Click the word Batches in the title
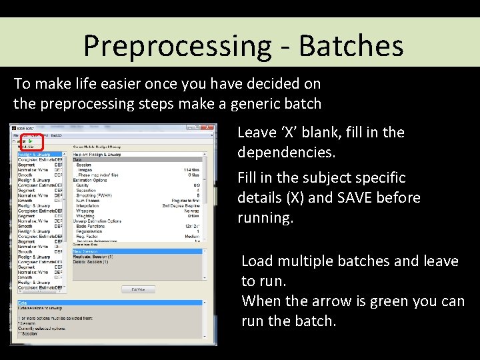point(351,46)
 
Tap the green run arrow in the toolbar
point(31,141)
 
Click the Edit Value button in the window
point(138,289)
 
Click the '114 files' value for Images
point(192,170)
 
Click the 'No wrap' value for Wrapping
point(193,211)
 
